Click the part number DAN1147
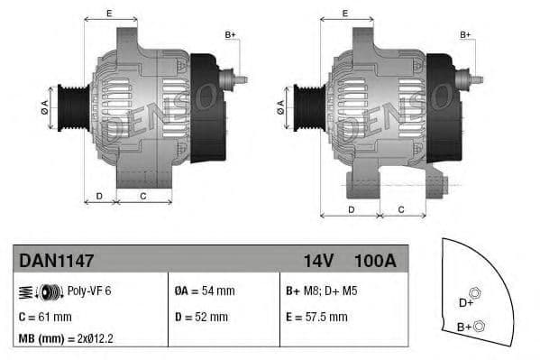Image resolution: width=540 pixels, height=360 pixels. point(56,261)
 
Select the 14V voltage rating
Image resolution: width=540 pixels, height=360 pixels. point(318,261)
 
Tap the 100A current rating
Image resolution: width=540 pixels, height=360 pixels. point(375,261)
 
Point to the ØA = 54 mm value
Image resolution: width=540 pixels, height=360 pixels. point(204,291)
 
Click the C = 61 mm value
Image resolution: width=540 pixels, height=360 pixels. point(45,317)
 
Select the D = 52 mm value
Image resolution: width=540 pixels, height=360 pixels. point(200,317)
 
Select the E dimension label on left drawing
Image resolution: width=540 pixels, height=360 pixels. point(109,13)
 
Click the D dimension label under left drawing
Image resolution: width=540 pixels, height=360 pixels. point(99,195)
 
